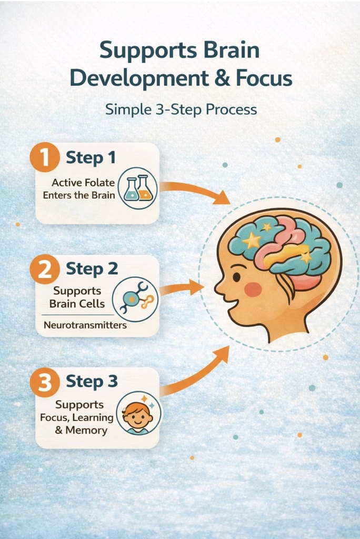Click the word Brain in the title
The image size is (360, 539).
click(232, 50)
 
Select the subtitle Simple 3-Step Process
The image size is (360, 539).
click(181, 109)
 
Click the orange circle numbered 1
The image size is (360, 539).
click(45, 157)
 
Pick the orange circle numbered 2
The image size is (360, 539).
click(45, 269)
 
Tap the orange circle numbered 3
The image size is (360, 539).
click(45, 382)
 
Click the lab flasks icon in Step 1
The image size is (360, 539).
click(137, 188)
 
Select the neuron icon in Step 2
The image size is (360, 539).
click(135, 299)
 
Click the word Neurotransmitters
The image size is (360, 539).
click(85, 325)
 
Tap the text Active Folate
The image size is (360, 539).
click(83, 183)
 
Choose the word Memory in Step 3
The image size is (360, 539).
click(86, 431)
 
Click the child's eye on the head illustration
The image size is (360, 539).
click(236, 276)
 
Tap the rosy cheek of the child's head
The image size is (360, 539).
click(253, 290)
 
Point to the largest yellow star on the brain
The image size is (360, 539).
click(252, 240)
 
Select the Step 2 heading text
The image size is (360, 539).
click(92, 268)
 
